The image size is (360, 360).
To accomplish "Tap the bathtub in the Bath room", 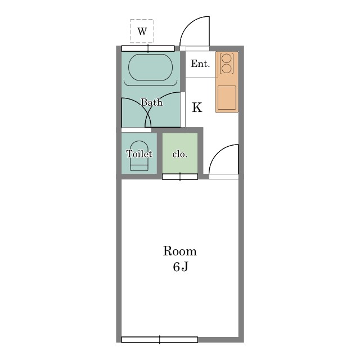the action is [150, 67].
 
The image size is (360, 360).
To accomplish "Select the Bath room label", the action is [151, 102].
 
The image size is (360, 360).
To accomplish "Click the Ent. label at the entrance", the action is [200, 64].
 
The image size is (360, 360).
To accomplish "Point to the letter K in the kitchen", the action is [197, 107].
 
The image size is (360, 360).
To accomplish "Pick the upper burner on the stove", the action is [226, 58].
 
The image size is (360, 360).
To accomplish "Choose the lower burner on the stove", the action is [226, 69].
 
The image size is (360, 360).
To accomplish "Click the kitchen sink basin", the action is [227, 97].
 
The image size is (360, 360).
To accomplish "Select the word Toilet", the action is [139, 154].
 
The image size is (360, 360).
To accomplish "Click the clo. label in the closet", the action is [180, 154].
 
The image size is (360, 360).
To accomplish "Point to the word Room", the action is [180, 251].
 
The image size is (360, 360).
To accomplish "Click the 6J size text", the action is [181, 267].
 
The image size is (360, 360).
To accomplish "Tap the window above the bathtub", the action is [148, 48].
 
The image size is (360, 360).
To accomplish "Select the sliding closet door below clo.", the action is [180, 177].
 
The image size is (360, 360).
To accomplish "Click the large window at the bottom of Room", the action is [160, 340].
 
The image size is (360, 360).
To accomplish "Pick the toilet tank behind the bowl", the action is [139, 168].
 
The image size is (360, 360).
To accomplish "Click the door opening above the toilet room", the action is [136, 130].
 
